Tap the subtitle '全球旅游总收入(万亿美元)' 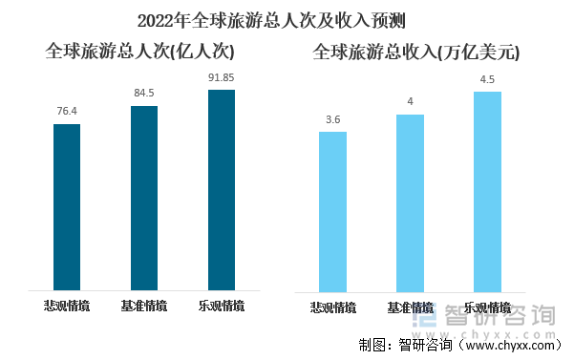(416, 53)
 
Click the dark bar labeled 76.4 (67, 206)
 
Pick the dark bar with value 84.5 (144, 198)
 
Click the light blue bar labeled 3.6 (333, 211)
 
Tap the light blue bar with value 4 (410, 202)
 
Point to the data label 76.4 (67, 112)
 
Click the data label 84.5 (144, 94)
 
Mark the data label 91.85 (221, 77)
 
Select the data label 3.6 (333, 119)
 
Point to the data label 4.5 (487, 79)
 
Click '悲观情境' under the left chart (67, 307)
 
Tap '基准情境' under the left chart (144, 307)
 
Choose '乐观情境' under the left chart (221, 307)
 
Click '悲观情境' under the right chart (333, 308)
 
